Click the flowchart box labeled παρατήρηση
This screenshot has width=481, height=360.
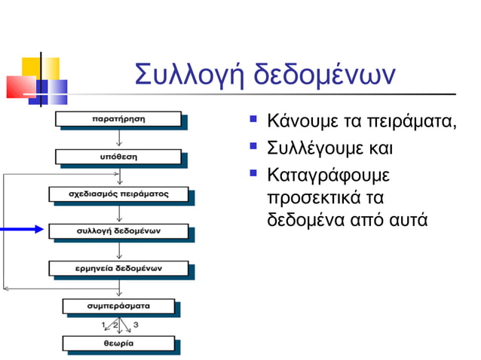pos(118,119)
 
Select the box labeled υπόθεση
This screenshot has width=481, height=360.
pos(118,157)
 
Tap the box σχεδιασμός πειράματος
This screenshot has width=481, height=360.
pos(118,194)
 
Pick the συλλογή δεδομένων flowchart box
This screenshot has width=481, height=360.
pos(118,230)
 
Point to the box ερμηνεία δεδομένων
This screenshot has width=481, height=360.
pos(118,267)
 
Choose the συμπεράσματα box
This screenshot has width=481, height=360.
pos(118,306)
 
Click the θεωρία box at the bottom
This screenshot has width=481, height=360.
pos(118,343)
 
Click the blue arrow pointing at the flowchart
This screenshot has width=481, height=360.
pos(23,229)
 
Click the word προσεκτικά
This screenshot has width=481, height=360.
pos(316,199)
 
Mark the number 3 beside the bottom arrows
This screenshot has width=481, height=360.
pos(136,325)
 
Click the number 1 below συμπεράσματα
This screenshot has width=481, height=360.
pos(103,325)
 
